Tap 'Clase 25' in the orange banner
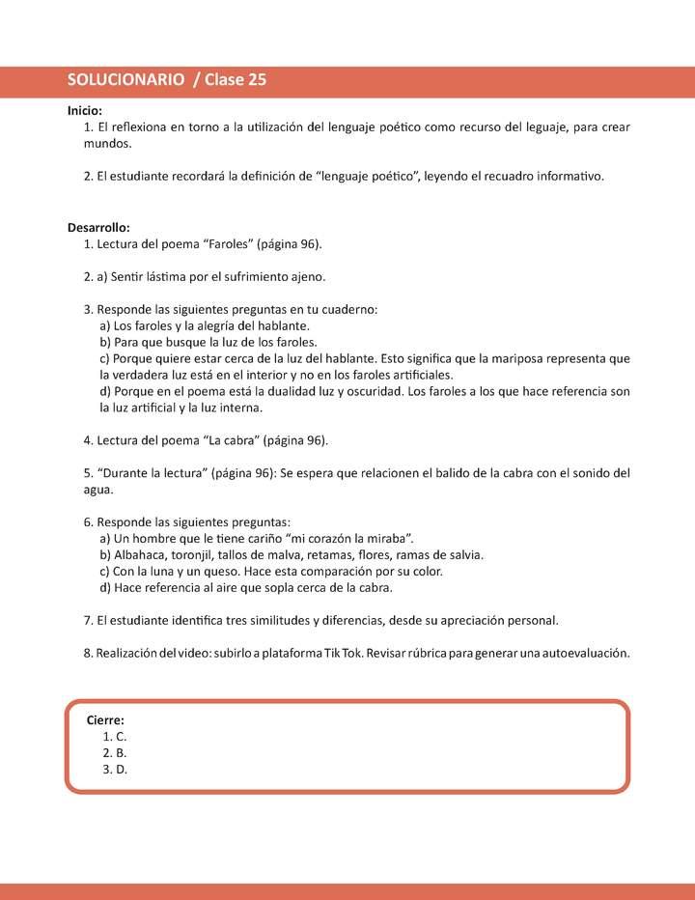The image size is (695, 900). click(x=236, y=81)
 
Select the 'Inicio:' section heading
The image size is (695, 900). click(x=85, y=111)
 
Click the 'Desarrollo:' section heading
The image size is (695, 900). click(x=98, y=227)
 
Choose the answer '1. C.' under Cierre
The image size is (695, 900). click(x=114, y=736)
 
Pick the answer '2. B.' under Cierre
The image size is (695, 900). click(x=114, y=752)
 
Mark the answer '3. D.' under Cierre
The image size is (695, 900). click(x=115, y=769)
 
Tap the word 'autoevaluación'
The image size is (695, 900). click(x=588, y=653)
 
